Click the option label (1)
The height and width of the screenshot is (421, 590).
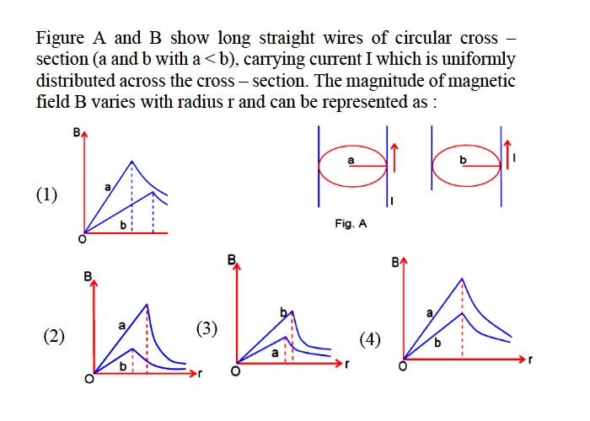pyautogui.click(x=46, y=195)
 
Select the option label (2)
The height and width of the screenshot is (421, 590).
pyautogui.click(x=54, y=336)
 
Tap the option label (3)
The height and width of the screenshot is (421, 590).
pyautogui.click(x=206, y=329)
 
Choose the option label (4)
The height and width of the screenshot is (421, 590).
pyautogui.click(x=370, y=340)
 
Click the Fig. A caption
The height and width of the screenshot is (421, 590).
pyautogui.click(x=351, y=224)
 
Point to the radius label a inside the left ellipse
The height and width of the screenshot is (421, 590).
pyautogui.click(x=351, y=161)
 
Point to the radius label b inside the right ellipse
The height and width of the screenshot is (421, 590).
pyautogui.click(x=463, y=160)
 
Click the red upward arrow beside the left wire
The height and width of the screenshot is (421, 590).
pyautogui.click(x=394, y=157)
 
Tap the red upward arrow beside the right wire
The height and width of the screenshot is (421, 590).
pyautogui.click(x=507, y=154)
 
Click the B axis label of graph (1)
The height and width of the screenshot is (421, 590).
pyautogui.click(x=77, y=133)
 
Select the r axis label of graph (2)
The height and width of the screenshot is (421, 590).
pyautogui.click(x=200, y=373)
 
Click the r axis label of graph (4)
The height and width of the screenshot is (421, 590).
pyautogui.click(x=530, y=360)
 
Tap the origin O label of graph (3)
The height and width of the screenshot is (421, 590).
pyautogui.click(x=235, y=371)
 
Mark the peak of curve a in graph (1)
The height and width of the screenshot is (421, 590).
pyautogui.click(x=131, y=161)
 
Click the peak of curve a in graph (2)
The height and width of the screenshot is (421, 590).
pyautogui.click(x=147, y=304)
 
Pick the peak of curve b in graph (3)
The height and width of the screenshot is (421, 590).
pyautogui.click(x=292, y=312)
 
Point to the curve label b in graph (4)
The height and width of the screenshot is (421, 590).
pyautogui.click(x=437, y=343)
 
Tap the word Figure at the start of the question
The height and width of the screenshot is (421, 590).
pyautogui.click(x=60, y=39)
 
